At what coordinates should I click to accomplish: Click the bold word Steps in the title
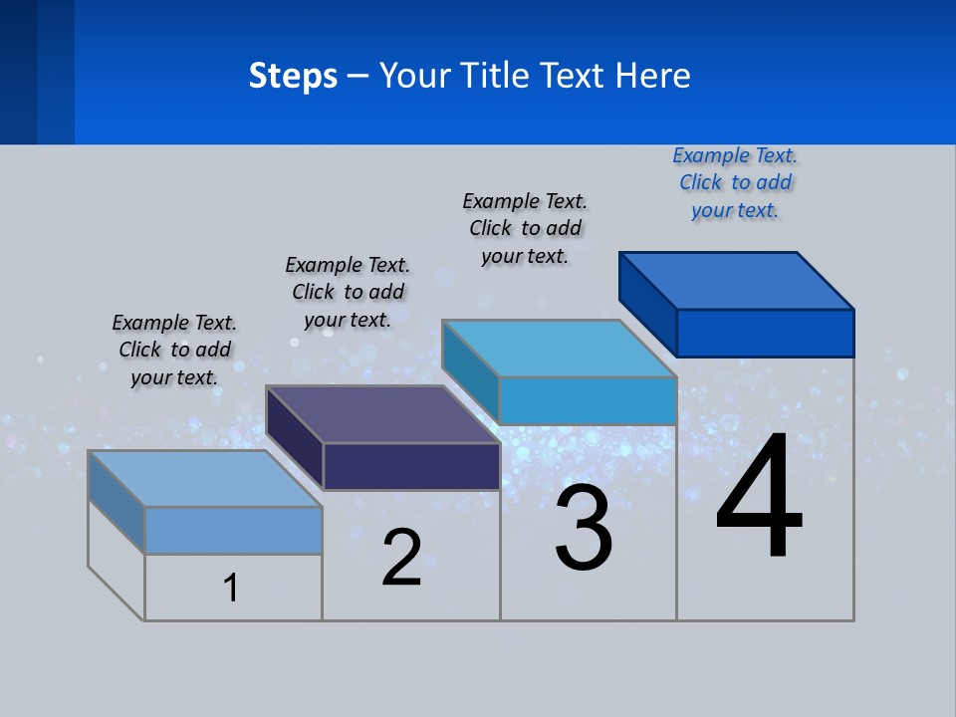293,76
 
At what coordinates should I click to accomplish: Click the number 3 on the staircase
584,528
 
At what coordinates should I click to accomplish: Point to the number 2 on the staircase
401,557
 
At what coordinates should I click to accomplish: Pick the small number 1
231,588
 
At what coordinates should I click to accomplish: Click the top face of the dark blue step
737,281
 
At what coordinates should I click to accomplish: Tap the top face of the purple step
382,414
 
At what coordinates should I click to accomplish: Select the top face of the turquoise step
560,349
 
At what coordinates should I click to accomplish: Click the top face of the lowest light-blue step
205,479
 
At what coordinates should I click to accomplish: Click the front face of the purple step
411,466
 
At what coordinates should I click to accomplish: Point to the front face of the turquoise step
588,400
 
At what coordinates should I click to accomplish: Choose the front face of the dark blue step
765,333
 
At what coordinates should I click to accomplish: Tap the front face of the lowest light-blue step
233,530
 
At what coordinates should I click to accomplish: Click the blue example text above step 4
735,183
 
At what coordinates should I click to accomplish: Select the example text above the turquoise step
525,228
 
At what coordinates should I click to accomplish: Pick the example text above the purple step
348,292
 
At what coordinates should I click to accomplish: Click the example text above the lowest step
174,350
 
